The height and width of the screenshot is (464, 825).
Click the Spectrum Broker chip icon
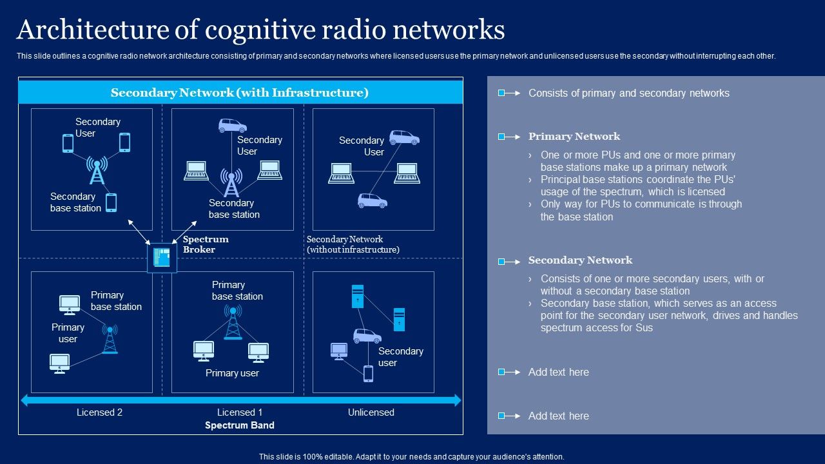[162, 258]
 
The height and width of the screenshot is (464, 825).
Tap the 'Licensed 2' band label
[99, 412]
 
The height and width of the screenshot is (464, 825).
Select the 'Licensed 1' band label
[240, 412]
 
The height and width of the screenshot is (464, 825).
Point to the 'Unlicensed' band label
[371, 412]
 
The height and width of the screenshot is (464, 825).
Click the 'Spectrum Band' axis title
[240, 425]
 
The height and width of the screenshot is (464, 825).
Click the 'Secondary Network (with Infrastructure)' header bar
[240, 93]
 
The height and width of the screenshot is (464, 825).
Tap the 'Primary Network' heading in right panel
[574, 137]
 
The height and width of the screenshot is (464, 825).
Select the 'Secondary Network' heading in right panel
[580, 260]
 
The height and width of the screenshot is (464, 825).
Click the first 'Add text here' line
[558, 372]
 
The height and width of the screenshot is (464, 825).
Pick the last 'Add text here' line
[558, 416]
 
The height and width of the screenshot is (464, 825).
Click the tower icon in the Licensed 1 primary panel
[233, 322]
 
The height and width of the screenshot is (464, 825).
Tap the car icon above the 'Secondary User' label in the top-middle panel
[232, 125]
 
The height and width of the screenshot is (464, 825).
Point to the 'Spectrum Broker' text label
[206, 244]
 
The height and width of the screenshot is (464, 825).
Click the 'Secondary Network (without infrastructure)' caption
[353, 244]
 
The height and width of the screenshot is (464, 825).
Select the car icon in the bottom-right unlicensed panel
[367, 336]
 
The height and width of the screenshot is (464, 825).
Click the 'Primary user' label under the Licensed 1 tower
[232, 373]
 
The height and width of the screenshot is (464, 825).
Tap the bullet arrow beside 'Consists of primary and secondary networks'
[509, 93]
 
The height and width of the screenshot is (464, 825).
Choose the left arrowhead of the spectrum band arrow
[25, 400]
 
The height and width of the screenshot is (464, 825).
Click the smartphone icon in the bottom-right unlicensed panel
[368, 374]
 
